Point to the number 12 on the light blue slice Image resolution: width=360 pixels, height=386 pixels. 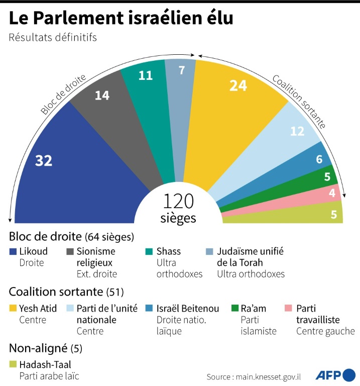click(x=298, y=131)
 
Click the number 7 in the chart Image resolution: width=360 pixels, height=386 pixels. click(x=181, y=70)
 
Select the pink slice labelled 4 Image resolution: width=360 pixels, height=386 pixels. click(x=331, y=194)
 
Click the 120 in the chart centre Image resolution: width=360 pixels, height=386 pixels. click(x=178, y=202)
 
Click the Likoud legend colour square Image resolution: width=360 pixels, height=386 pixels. click(x=13, y=251)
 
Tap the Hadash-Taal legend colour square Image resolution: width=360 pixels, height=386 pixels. click(x=13, y=364)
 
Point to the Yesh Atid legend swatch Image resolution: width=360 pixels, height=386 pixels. click(x=13, y=308)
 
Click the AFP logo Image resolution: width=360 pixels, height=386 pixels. click(x=335, y=375)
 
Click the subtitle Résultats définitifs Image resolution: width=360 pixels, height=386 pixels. click(x=52, y=37)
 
